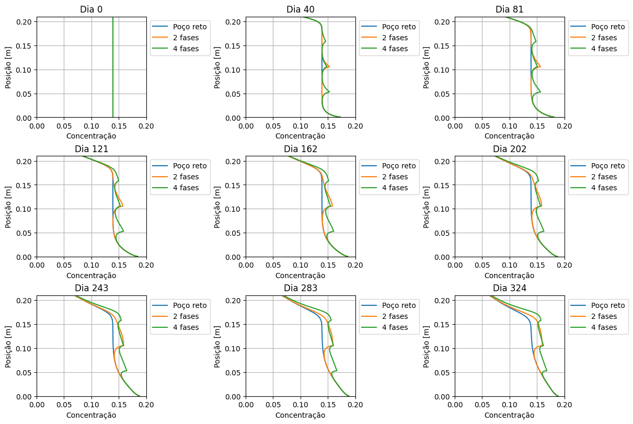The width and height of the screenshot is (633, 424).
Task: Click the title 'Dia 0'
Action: click(x=91, y=9)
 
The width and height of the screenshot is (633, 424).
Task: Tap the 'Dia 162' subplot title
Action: click(x=300, y=149)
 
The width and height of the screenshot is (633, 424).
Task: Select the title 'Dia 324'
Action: click(x=509, y=289)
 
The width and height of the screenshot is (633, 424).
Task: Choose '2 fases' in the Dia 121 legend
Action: click(x=186, y=177)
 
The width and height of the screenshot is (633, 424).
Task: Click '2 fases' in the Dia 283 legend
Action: click(x=395, y=316)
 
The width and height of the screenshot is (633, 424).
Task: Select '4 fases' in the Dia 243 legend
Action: click(x=186, y=327)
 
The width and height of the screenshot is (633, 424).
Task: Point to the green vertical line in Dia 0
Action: click(x=113, y=68)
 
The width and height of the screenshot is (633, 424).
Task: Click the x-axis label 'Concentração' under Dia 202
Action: click(x=509, y=276)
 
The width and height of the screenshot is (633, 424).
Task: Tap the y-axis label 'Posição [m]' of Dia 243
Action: click(x=9, y=346)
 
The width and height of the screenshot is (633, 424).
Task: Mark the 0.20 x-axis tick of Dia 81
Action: click(x=564, y=126)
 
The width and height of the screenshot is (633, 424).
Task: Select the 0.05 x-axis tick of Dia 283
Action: click(x=273, y=405)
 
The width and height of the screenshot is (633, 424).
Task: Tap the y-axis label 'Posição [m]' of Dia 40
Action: click(x=218, y=67)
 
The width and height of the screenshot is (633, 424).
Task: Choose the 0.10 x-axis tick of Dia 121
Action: click(x=91, y=265)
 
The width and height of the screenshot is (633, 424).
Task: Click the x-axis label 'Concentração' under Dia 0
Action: click(x=91, y=136)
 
